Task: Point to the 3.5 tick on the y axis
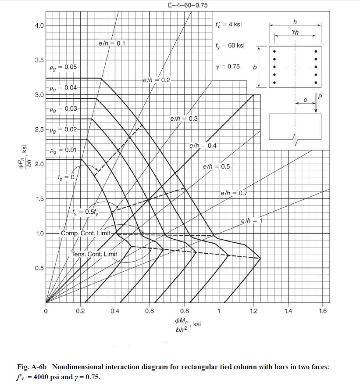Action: (x=39, y=60)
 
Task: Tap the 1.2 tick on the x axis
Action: (x=253, y=311)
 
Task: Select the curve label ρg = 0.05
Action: (x=63, y=67)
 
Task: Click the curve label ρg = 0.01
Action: (x=63, y=150)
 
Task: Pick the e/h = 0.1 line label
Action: (x=112, y=43)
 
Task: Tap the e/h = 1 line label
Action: (x=251, y=220)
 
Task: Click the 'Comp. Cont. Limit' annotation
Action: (x=86, y=233)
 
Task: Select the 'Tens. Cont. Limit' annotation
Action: (x=94, y=254)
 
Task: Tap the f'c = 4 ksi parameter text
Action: (x=228, y=25)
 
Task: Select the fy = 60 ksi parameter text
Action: (x=230, y=46)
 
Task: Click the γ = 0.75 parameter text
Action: (x=228, y=67)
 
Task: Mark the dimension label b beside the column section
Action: (x=255, y=68)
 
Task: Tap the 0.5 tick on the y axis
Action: (x=39, y=268)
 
